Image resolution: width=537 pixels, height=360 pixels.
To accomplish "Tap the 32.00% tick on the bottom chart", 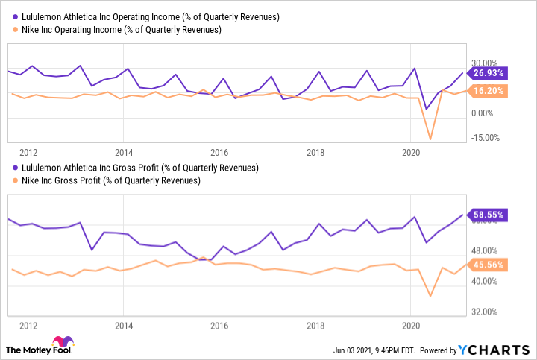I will click(486, 312).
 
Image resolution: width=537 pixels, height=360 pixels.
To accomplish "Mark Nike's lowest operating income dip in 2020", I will click(430, 139).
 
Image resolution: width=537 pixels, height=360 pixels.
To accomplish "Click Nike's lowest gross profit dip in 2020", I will click(430, 297).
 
